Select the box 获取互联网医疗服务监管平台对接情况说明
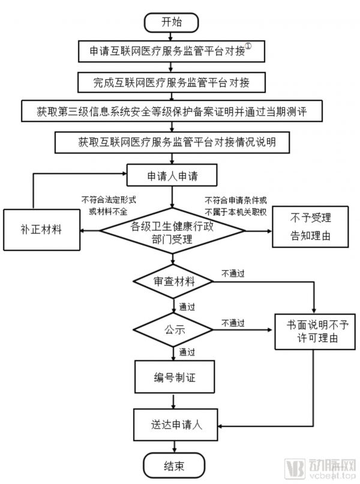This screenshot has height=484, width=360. point(173,142)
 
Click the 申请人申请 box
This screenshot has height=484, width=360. point(173,177)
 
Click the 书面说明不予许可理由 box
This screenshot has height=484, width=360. point(312,331)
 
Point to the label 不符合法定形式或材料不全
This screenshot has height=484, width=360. point(107,206)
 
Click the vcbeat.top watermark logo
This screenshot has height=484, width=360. point(329,467)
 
